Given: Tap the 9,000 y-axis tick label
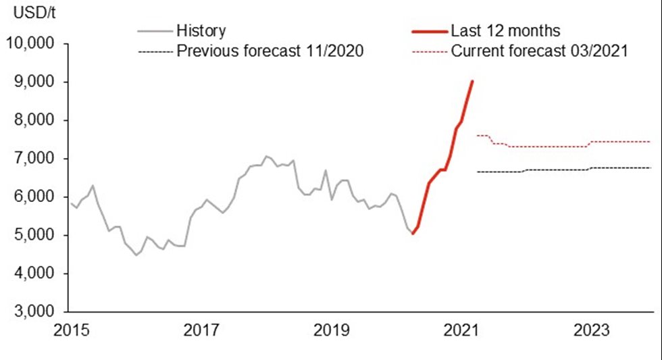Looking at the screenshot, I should tap(35, 82).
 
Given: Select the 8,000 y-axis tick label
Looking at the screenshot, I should tap(35, 121).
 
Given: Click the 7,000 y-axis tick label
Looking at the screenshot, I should tap(35, 159).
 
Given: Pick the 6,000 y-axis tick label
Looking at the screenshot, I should tap(35, 197).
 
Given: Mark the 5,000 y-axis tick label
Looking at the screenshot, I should tap(35, 236).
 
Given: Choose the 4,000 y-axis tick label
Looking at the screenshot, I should tap(35, 274).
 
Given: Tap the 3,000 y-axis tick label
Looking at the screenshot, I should tap(35, 313).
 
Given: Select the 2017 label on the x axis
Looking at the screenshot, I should tap(201, 331).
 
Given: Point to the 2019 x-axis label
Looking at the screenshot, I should tap(331, 331).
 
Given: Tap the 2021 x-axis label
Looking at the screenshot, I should tap(462, 331).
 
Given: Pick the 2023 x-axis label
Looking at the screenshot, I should tap(592, 331).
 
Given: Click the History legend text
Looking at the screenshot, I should tap(201, 31).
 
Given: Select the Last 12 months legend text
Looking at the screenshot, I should tap(505, 31).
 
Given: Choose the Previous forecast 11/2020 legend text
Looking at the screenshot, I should tap(270, 51).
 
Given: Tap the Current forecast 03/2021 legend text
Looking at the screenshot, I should tap(540, 51).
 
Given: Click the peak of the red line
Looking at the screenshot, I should tap(472, 81).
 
